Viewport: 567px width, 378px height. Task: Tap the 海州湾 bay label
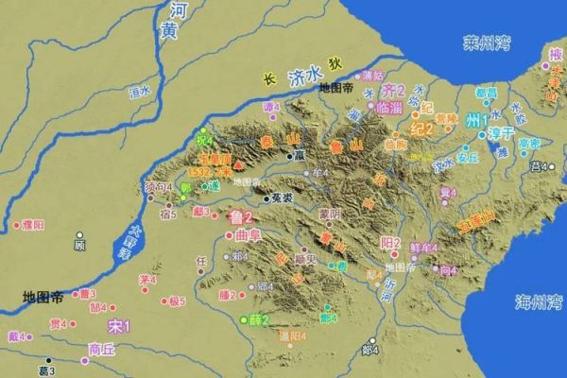coord(538,301)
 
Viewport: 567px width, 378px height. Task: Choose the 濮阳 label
coord(33,225)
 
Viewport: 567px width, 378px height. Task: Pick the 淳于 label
coord(481,136)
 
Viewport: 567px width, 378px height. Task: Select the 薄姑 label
coord(374,75)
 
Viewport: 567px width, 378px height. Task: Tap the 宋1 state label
coord(118,327)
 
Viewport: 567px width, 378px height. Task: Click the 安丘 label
coord(468,158)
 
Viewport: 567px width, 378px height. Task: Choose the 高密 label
coord(528,143)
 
